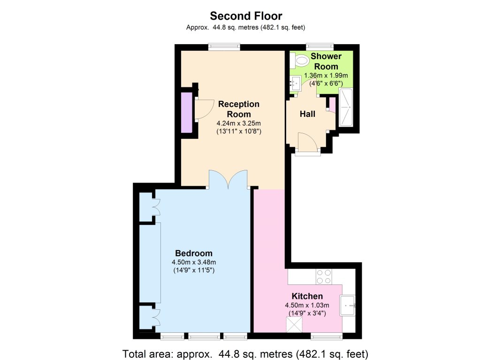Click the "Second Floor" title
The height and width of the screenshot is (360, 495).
tap(246, 16)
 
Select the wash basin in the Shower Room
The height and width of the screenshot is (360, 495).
tap(296, 83)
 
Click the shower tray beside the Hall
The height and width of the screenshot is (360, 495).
tap(346, 107)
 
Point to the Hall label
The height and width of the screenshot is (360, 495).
tap(307, 114)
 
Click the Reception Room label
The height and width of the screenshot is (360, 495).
tap(239, 109)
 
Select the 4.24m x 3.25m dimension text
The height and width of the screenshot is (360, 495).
tap(239, 123)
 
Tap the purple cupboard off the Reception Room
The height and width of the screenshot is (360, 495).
tap(186, 113)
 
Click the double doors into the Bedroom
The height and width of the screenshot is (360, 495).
tap(228, 179)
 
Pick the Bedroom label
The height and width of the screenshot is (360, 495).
tap(194, 253)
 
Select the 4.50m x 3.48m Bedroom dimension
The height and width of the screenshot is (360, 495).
tap(194, 262)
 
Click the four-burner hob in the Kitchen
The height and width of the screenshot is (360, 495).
tap(324, 276)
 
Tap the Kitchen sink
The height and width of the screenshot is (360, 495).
tap(348, 306)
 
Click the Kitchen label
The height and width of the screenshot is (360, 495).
tap(307, 296)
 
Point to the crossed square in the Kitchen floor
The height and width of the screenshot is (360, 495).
tap(294, 325)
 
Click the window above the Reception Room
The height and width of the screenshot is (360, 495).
tap(224, 47)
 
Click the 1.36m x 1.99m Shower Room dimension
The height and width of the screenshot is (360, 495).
tap(326, 76)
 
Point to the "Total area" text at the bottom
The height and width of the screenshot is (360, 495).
tap(245, 354)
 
